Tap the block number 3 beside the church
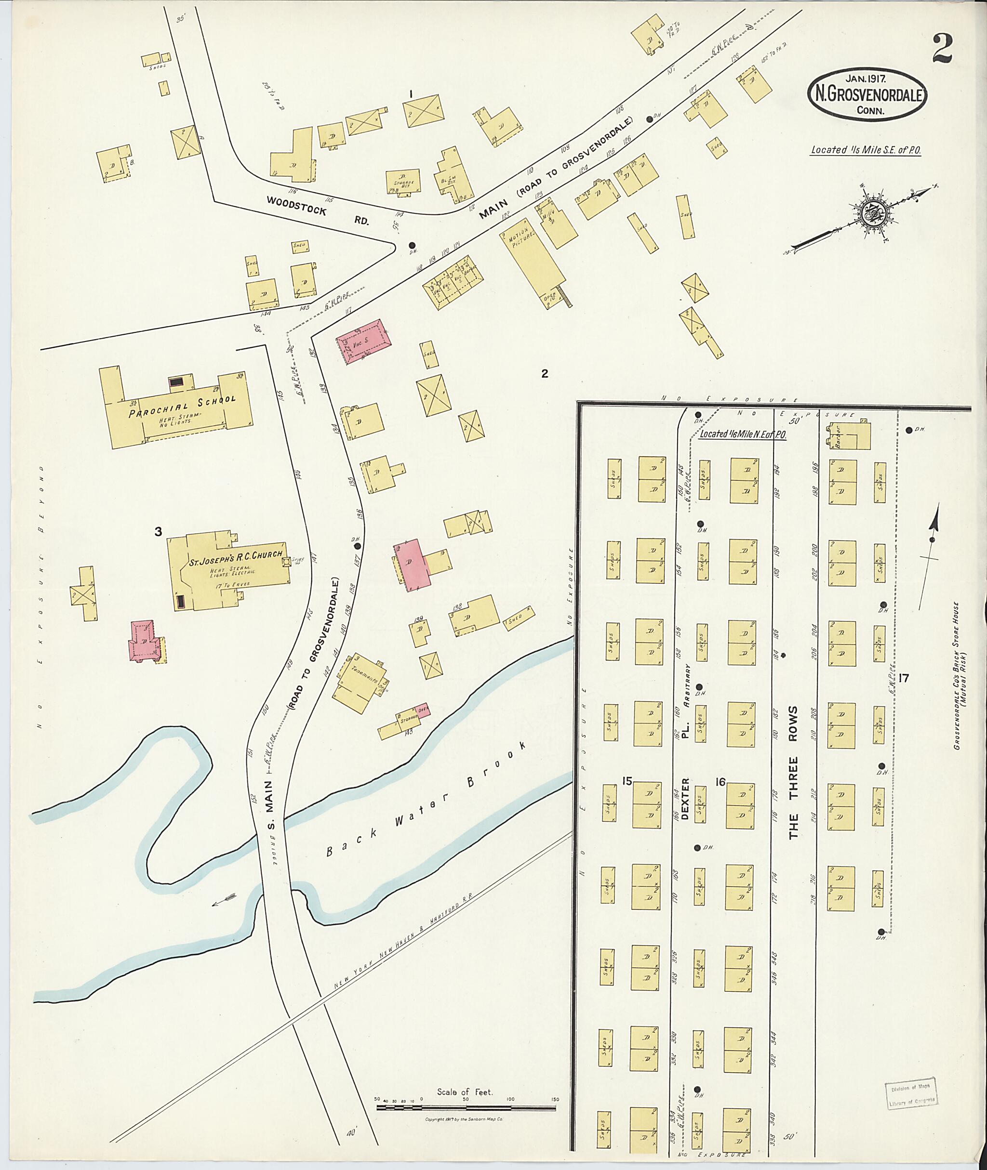pyautogui.click(x=159, y=531)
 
